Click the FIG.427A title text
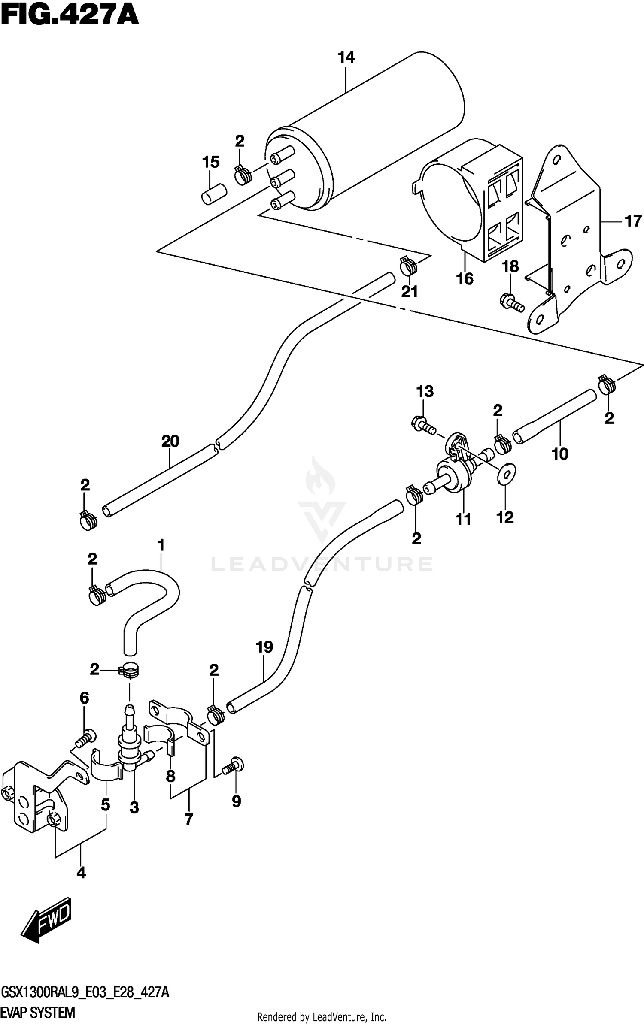pyautogui.click(x=70, y=16)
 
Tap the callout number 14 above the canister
pyautogui.click(x=346, y=57)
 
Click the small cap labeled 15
pyautogui.click(x=213, y=194)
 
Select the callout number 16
pyautogui.click(x=465, y=279)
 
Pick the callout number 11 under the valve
pyautogui.click(x=463, y=519)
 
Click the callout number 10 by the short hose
pyautogui.click(x=560, y=454)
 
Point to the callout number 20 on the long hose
pyautogui.click(x=170, y=441)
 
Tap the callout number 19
pyautogui.click(x=264, y=647)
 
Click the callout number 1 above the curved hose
pyautogui.click(x=161, y=546)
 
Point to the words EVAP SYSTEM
pyautogui.click(x=38, y=1013)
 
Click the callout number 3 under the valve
pyautogui.click(x=134, y=808)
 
